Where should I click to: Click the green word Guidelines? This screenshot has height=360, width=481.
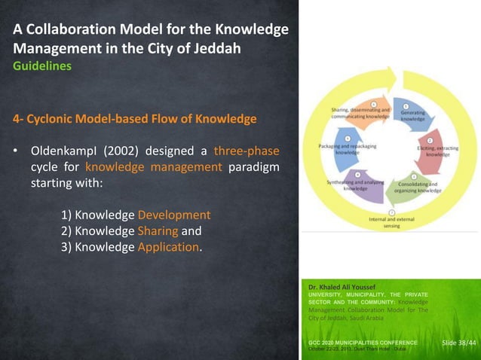[x=41, y=66]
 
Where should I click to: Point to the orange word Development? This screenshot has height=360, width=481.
[x=173, y=215]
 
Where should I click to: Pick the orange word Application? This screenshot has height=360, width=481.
[x=169, y=247]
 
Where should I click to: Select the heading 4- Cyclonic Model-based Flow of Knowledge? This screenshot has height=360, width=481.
[x=133, y=119]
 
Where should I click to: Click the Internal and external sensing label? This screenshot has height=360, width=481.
[x=389, y=222]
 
